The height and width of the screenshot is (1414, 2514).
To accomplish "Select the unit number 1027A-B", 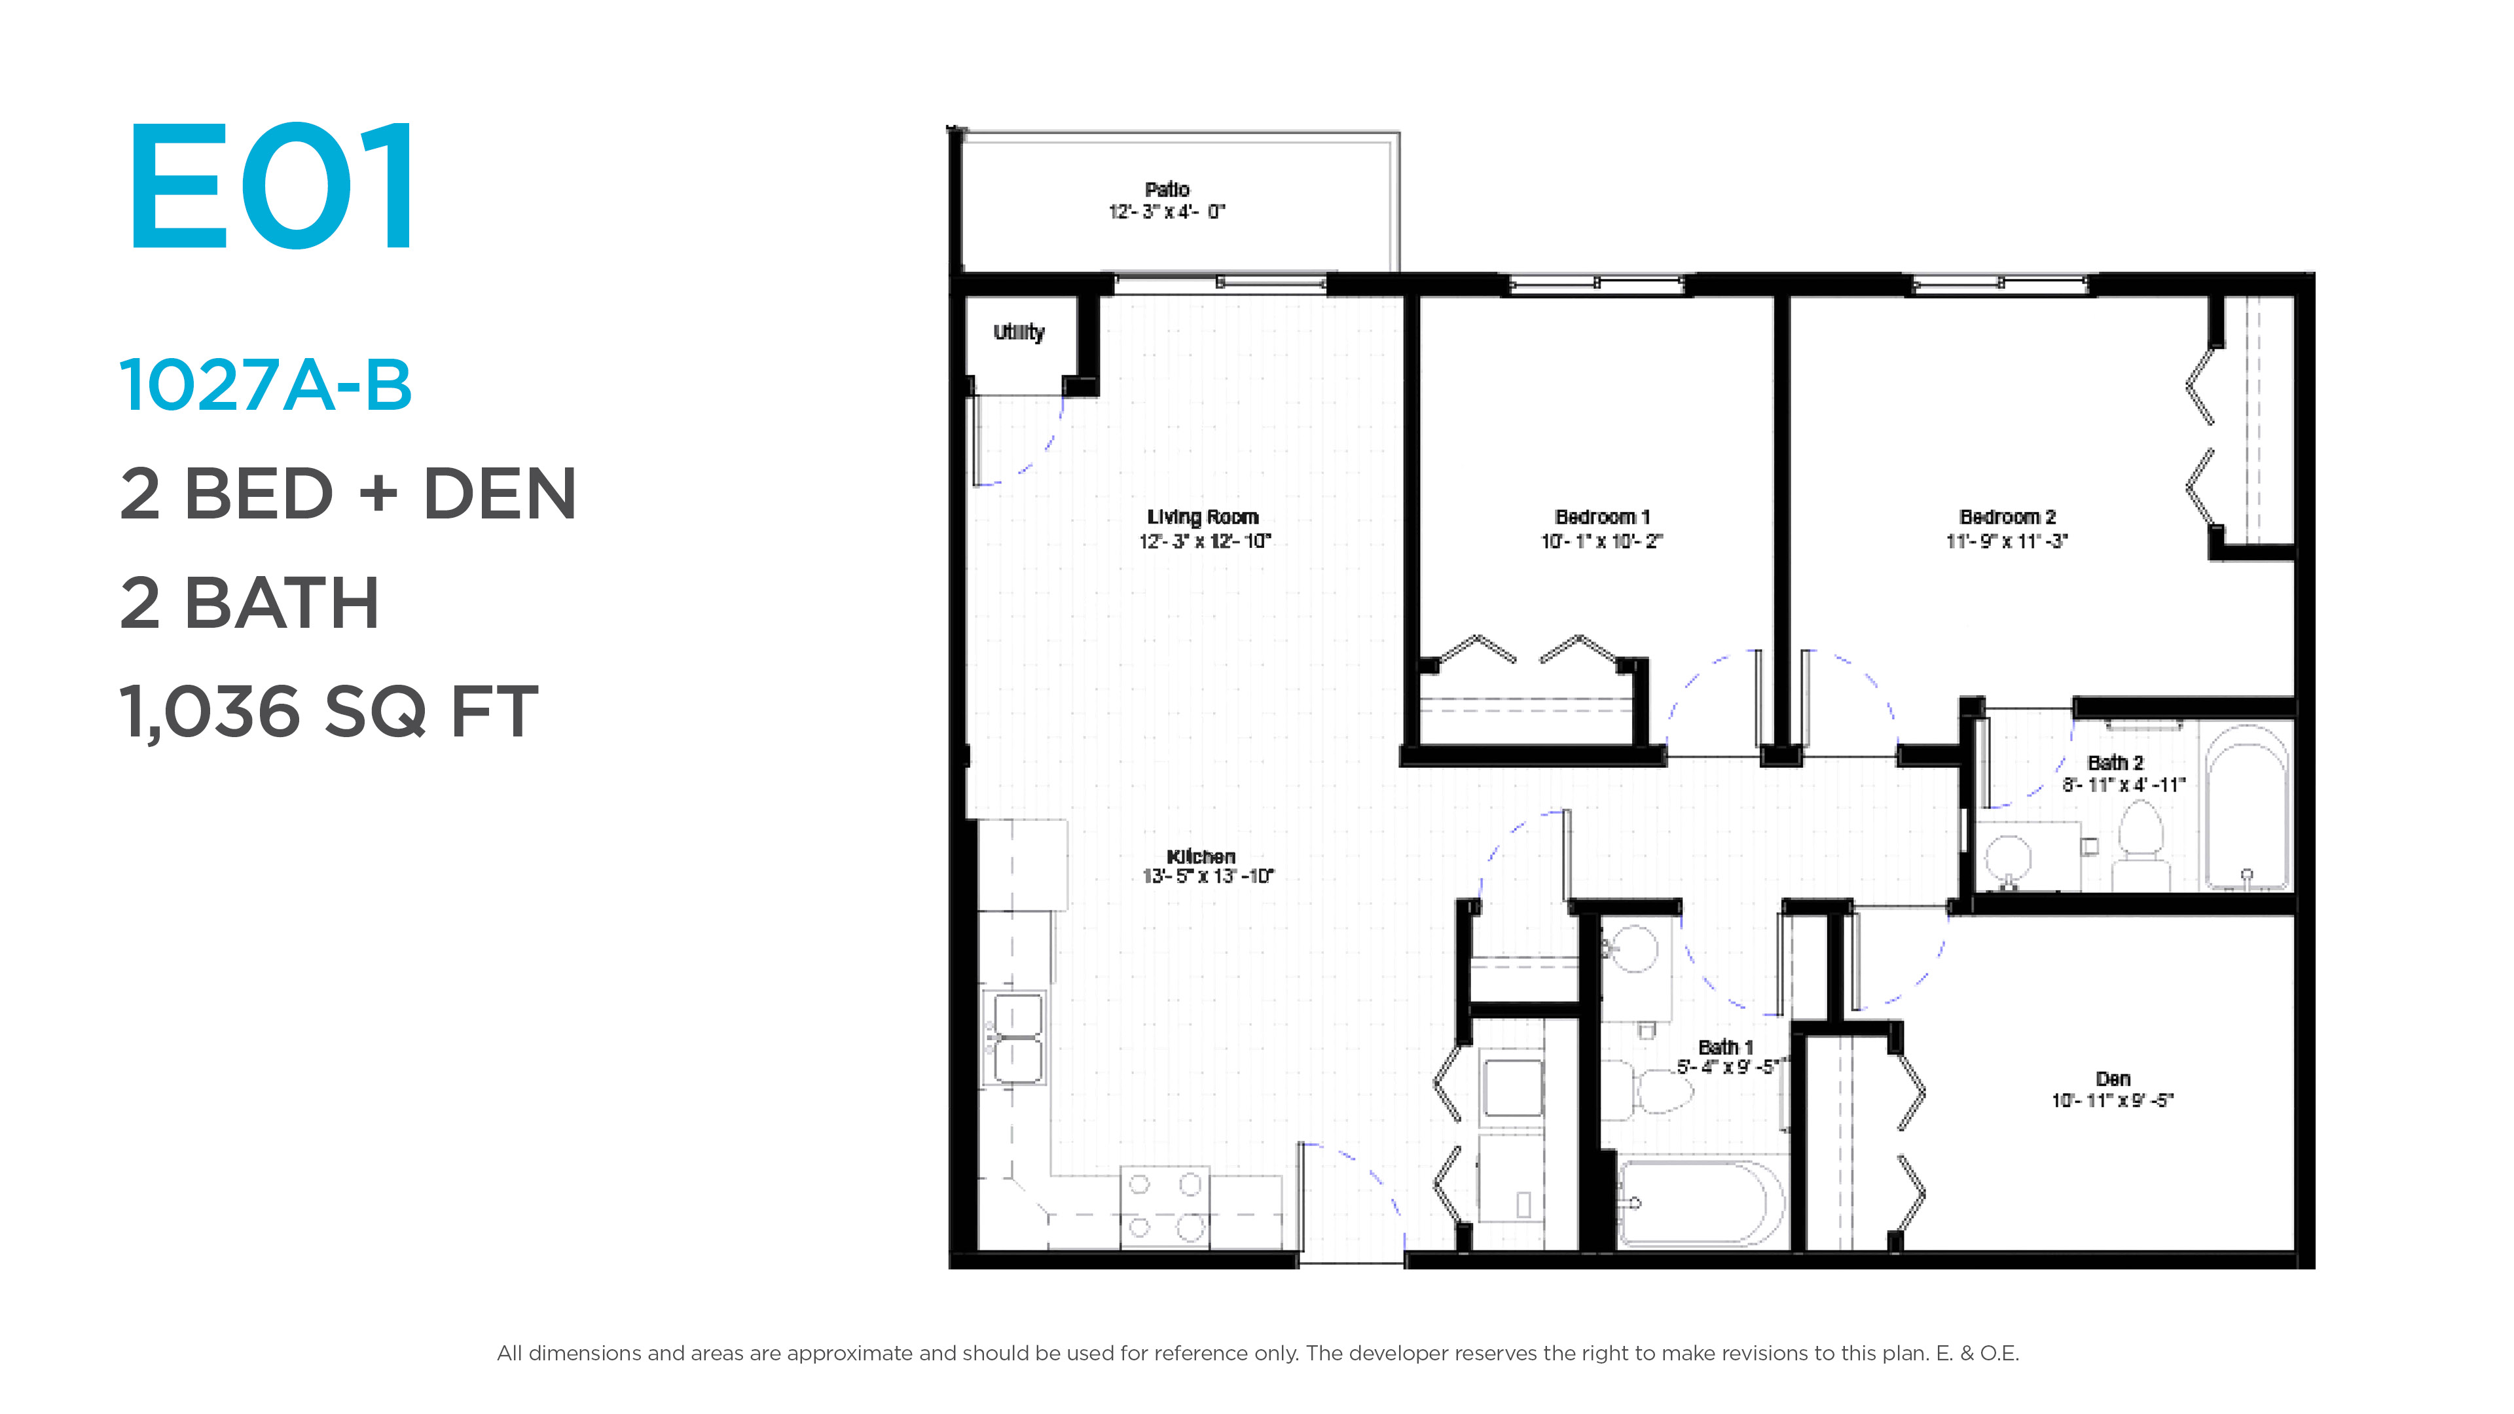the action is pyautogui.click(x=265, y=386).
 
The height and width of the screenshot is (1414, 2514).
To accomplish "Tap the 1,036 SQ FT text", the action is pyautogui.click(x=329, y=712).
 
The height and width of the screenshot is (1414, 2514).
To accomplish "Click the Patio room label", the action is pyautogui.click(x=1167, y=189).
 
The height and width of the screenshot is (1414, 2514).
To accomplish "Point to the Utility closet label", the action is pyautogui.click(x=1019, y=333).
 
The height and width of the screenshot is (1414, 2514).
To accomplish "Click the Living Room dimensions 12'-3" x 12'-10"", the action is pyautogui.click(x=1205, y=541).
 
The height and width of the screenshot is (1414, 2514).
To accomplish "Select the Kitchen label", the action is pyautogui.click(x=1201, y=856).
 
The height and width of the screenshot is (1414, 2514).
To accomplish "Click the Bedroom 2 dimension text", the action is pyautogui.click(x=2007, y=541).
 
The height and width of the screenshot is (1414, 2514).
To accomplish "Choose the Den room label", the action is pyautogui.click(x=2113, y=1078).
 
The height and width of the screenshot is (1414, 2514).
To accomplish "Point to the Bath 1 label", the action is pyautogui.click(x=1726, y=1047).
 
